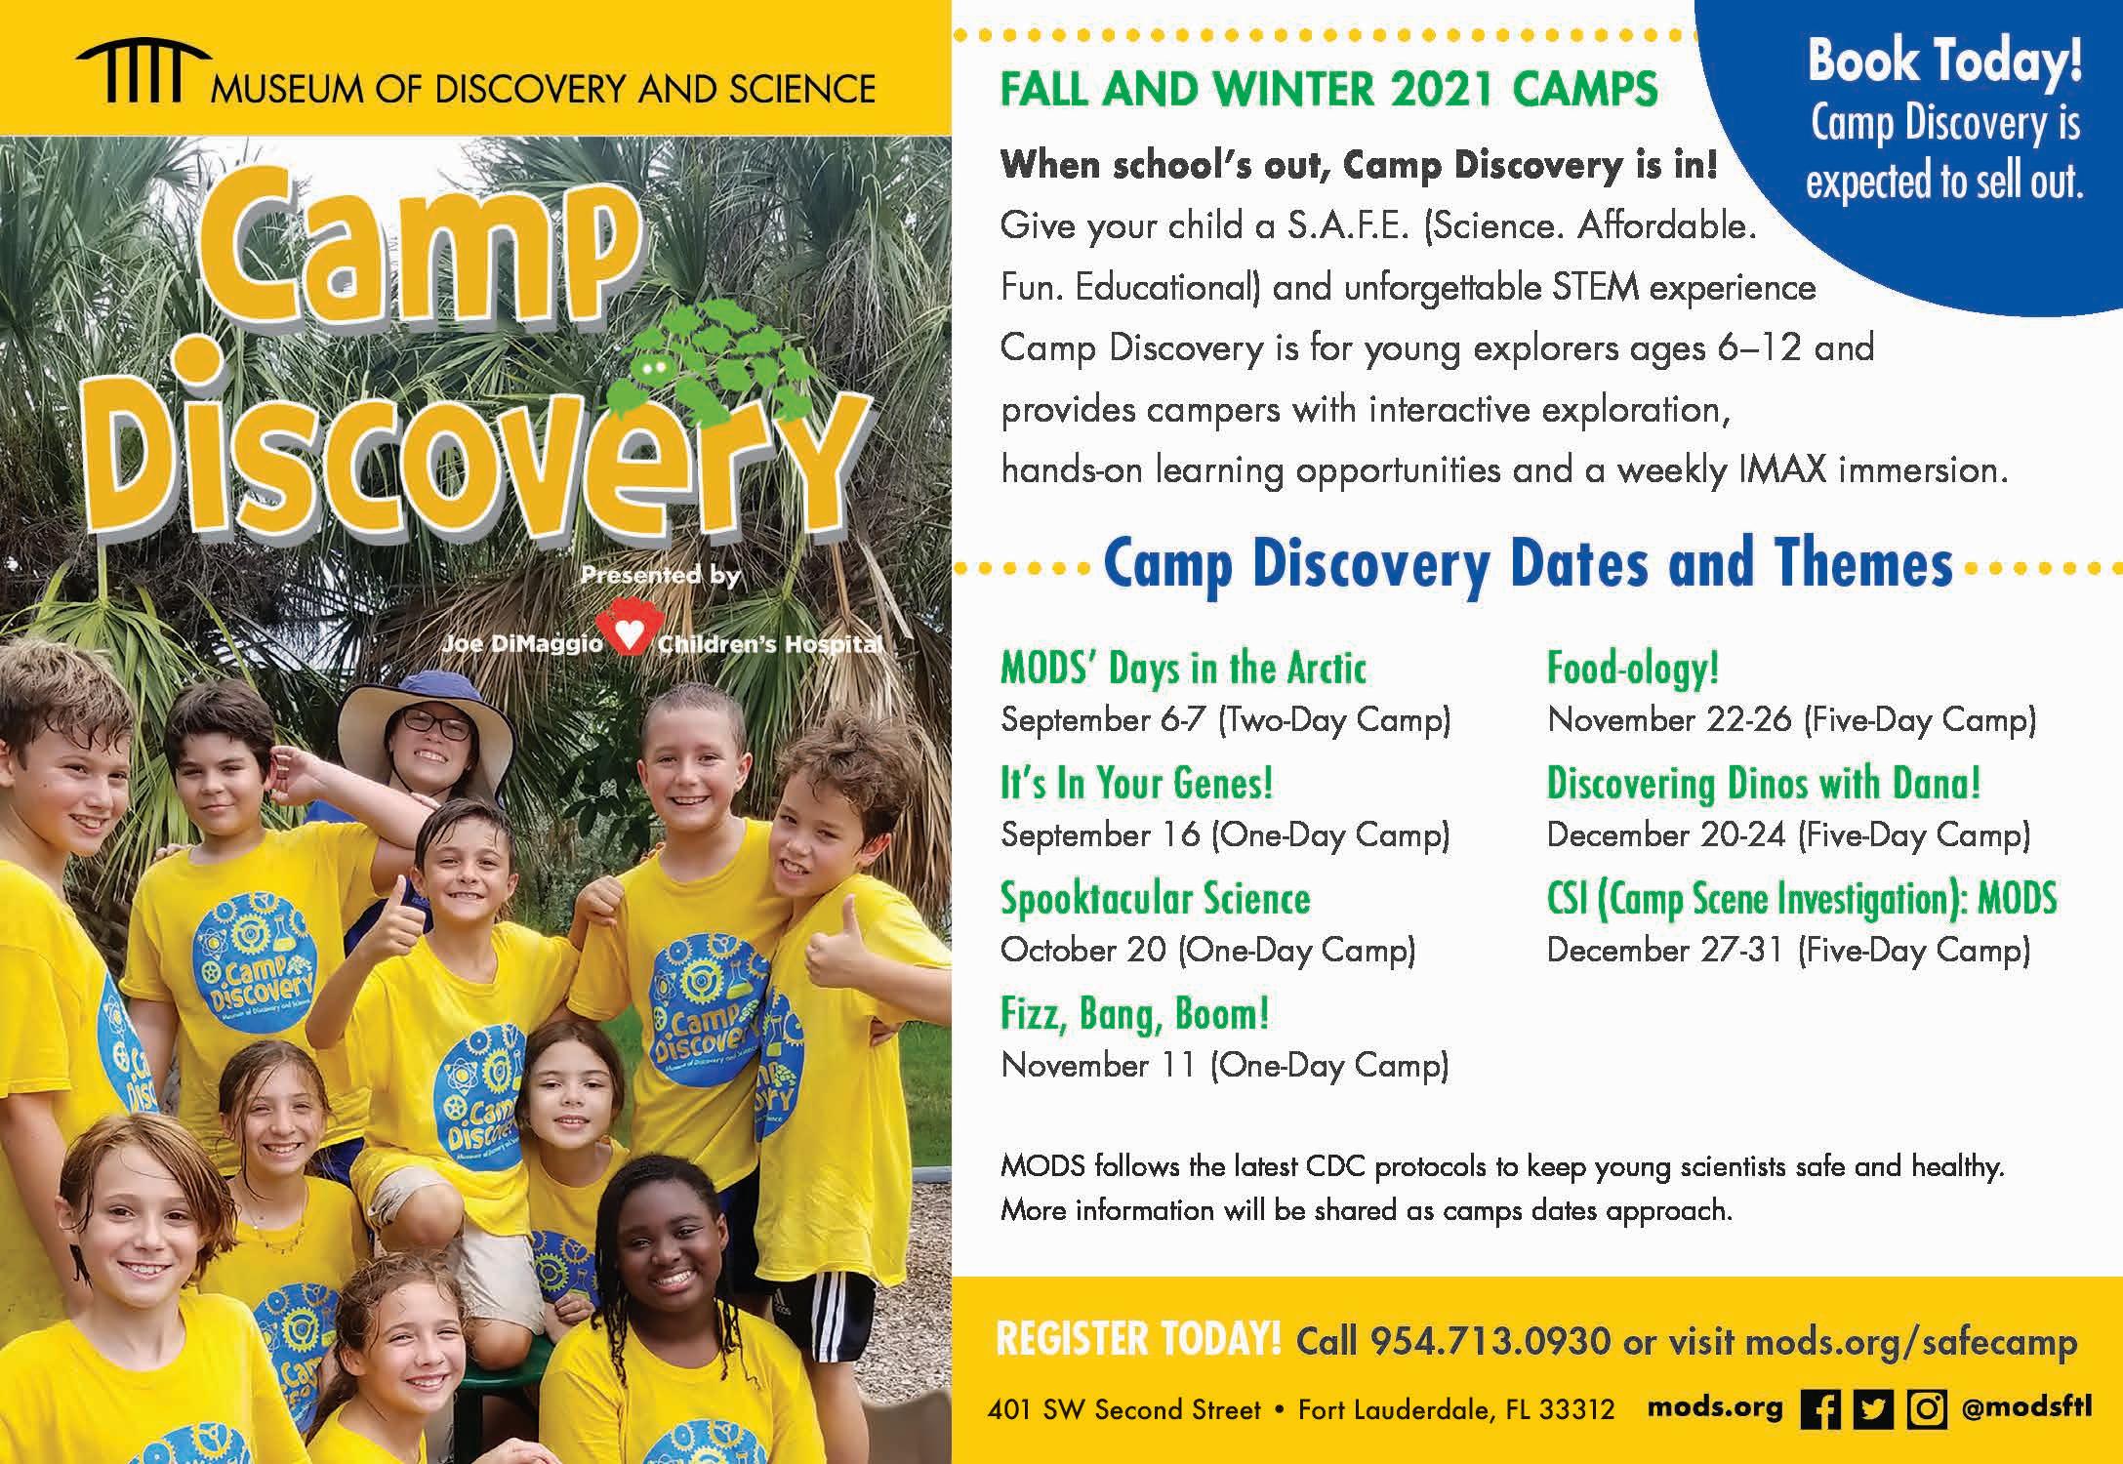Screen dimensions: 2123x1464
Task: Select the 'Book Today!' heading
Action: point(1944,61)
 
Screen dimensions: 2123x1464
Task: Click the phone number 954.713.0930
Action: point(1490,1340)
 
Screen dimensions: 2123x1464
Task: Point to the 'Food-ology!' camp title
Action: point(1633,670)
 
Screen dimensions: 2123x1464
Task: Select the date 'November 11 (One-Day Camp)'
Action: point(1225,1065)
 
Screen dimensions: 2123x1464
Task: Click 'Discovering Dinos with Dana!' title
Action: point(1764,784)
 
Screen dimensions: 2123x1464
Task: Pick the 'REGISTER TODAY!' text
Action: point(1138,1339)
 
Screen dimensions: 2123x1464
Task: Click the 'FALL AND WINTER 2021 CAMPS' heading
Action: point(1329,90)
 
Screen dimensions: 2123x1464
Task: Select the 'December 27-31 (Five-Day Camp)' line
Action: point(1789,950)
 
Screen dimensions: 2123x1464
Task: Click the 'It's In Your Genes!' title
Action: point(1137,784)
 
